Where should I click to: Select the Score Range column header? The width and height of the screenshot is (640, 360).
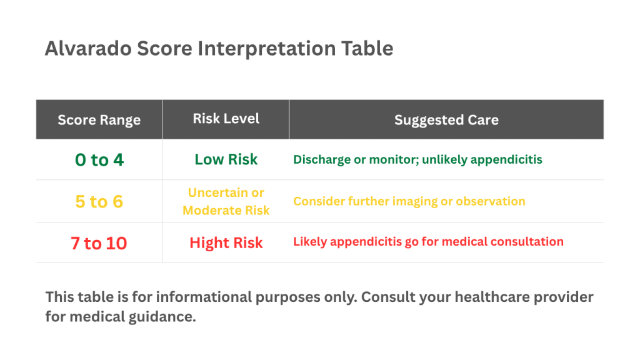(x=99, y=120)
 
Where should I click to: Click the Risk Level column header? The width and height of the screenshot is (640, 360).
(x=226, y=119)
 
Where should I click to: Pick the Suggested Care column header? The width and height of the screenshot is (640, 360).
(x=446, y=120)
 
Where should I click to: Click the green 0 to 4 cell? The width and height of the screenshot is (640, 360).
(x=99, y=160)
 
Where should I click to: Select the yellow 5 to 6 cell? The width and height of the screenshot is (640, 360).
(x=99, y=202)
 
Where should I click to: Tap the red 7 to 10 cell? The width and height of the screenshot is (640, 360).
(x=99, y=243)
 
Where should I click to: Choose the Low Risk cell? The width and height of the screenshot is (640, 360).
(x=226, y=159)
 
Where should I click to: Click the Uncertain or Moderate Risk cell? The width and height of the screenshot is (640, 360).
(x=226, y=201)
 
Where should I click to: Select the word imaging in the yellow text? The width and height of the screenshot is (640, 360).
(x=418, y=201)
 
